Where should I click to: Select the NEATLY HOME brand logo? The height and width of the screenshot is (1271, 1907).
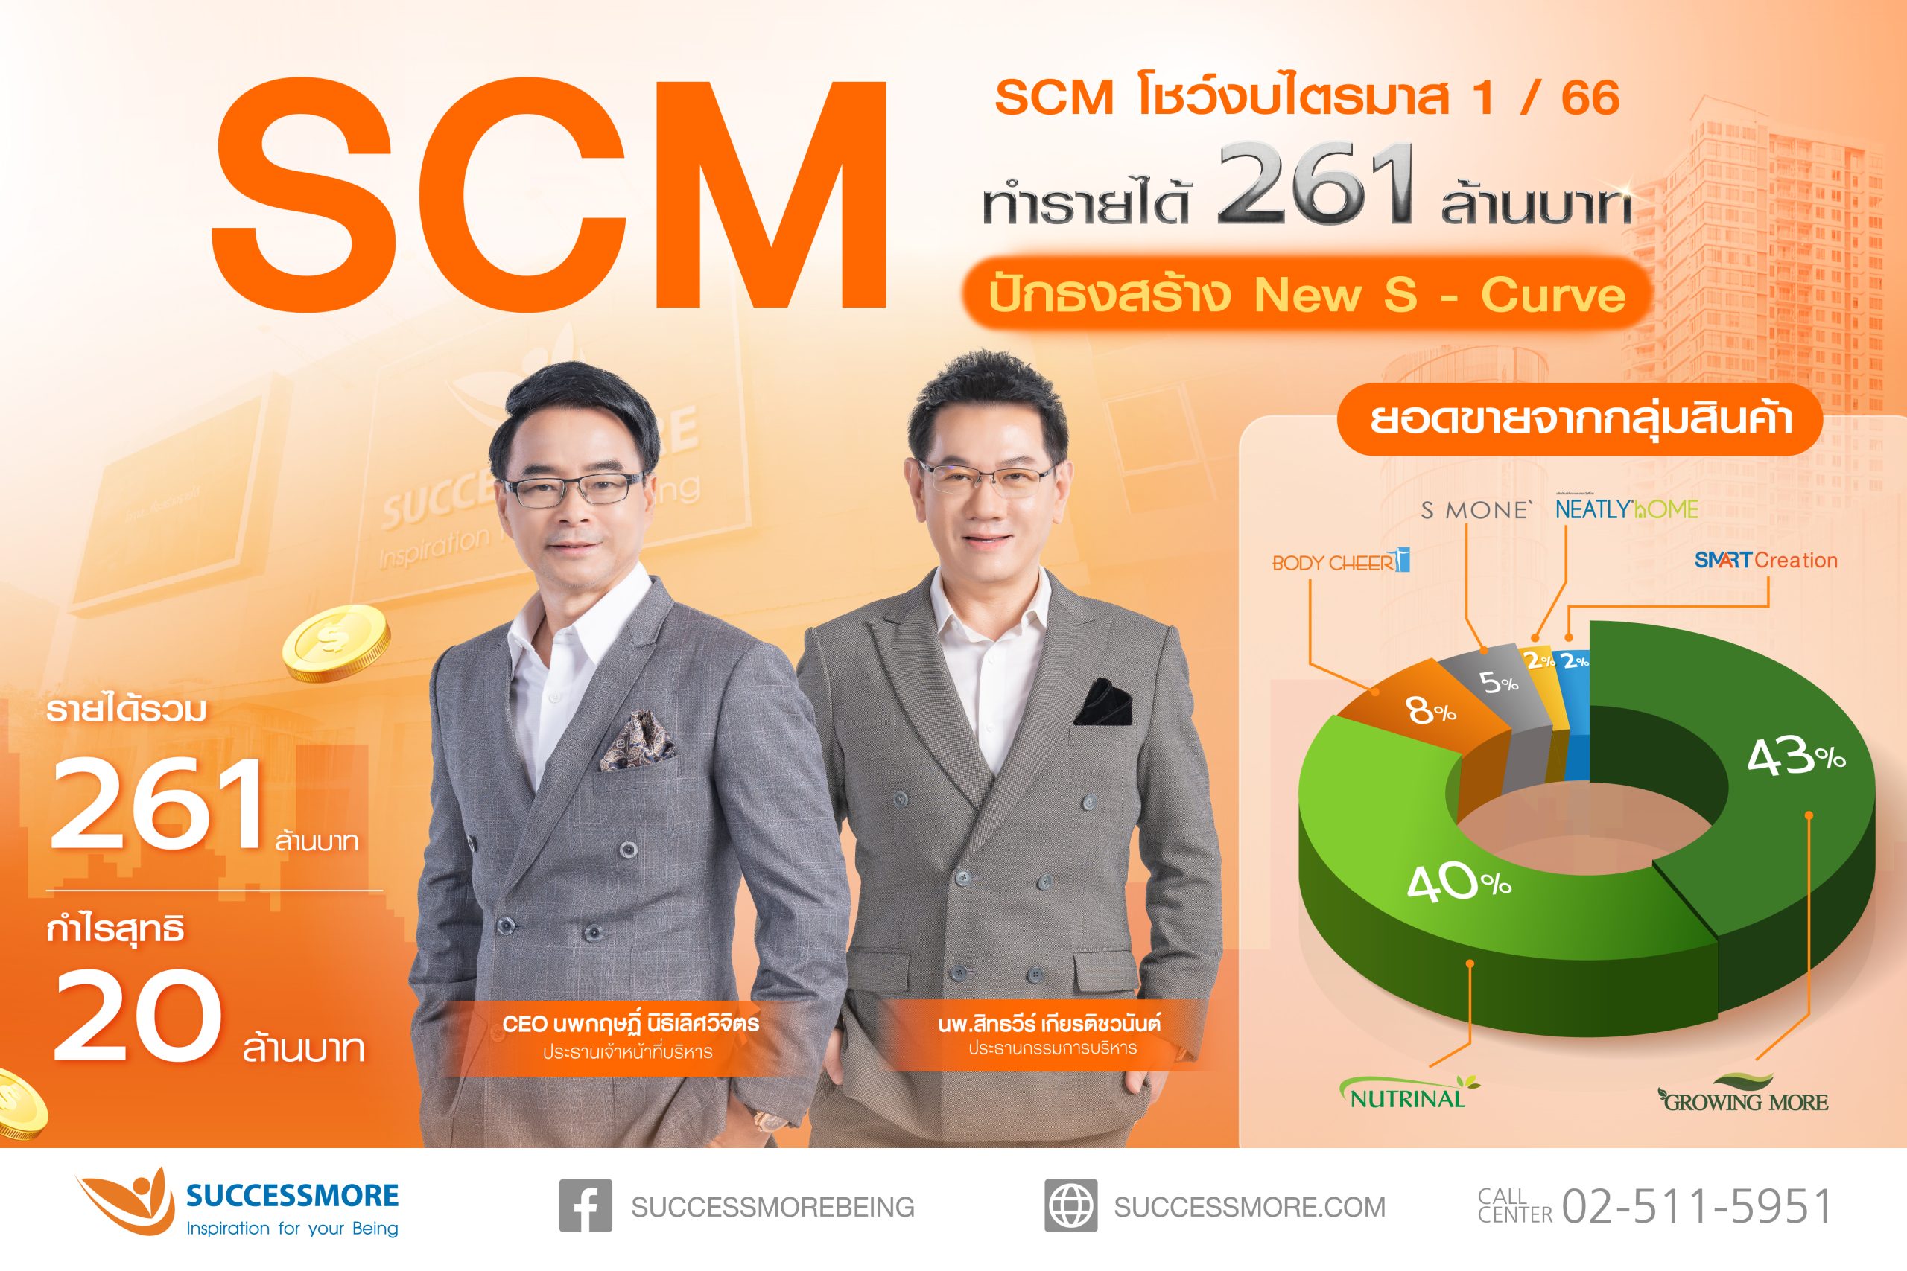[x=1626, y=509]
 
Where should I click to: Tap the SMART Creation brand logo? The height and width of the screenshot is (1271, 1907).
[x=1765, y=560]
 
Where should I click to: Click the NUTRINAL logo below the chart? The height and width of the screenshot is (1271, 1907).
[x=1408, y=1095]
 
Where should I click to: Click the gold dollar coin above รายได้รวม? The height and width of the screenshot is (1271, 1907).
[x=336, y=647]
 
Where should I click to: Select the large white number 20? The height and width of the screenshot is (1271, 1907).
[x=138, y=1017]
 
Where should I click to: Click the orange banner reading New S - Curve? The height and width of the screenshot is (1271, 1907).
[x=1307, y=294]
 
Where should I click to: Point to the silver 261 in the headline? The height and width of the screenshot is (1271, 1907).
[x=1313, y=185]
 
